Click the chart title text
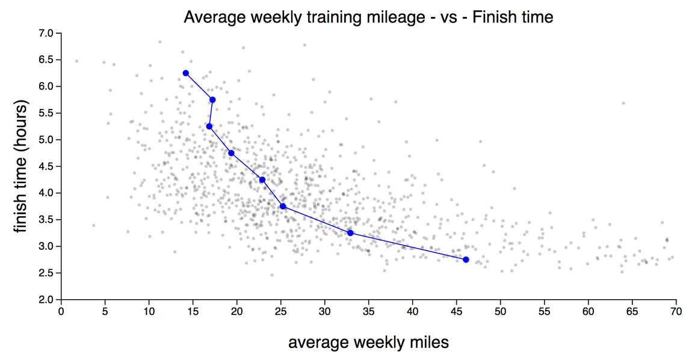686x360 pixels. [368, 17]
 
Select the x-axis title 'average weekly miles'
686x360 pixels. [368, 343]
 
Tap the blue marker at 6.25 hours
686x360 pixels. [186, 73]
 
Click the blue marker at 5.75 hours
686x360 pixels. [212, 100]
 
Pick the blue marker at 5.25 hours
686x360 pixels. [209, 126]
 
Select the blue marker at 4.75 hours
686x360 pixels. [231, 153]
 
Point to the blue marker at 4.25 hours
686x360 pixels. [262, 180]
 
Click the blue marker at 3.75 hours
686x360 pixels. [283, 206]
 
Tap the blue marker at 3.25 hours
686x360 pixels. [350, 233]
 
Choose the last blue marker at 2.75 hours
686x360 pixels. [466, 259]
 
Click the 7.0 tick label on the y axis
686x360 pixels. [46, 33]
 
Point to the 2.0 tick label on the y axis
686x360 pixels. [46, 300]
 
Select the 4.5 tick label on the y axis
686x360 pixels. [46, 166]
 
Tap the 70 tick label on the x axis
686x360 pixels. [676, 312]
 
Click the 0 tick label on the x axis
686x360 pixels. [61, 312]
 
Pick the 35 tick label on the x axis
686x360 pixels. [368, 312]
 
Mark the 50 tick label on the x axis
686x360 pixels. [500, 312]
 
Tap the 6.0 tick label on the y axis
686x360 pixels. [46, 86]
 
